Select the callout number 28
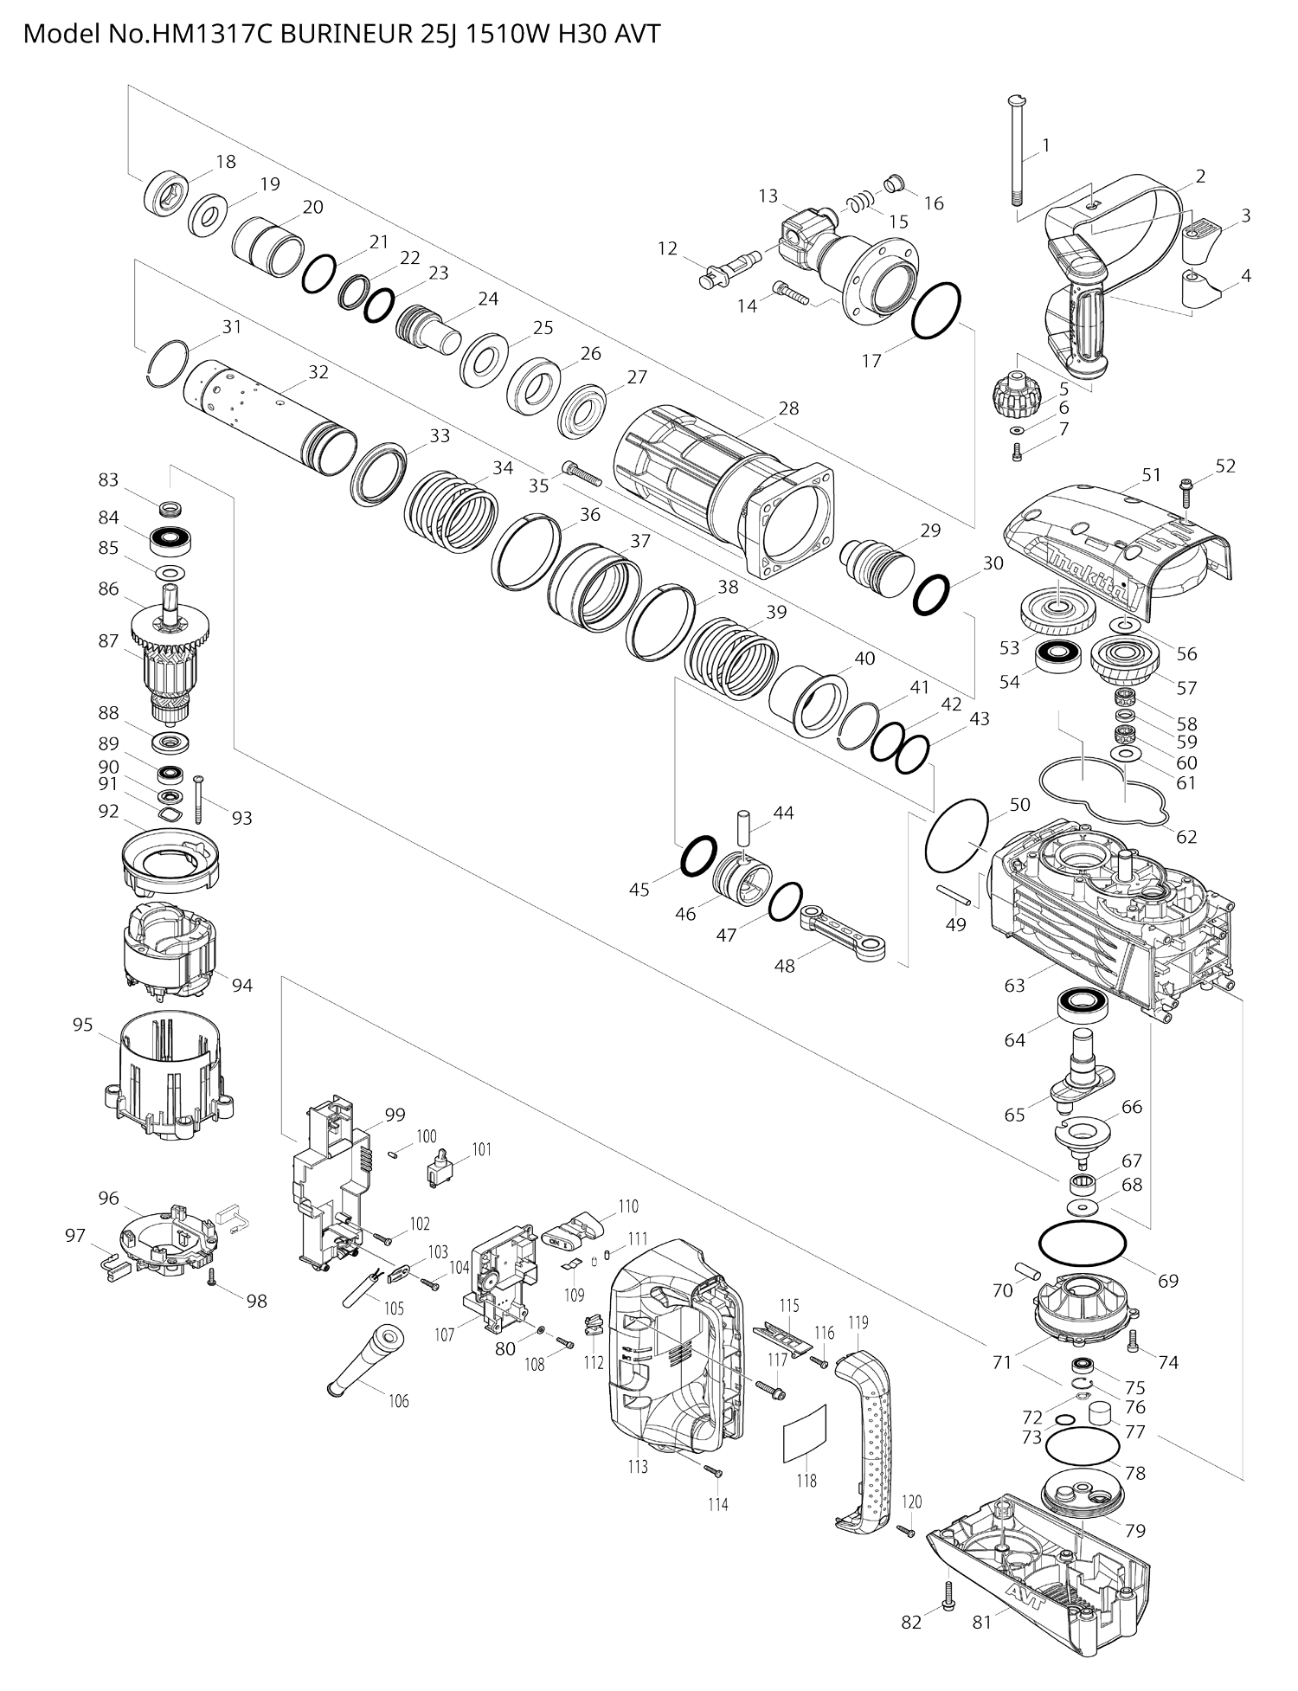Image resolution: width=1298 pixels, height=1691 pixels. [x=788, y=408]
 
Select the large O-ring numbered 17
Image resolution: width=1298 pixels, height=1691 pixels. [x=936, y=309]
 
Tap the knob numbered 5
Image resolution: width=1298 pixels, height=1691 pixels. [x=1015, y=393]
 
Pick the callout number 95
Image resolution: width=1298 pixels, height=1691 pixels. [x=82, y=1025]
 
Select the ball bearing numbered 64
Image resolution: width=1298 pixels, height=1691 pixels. [x=1082, y=1006]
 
